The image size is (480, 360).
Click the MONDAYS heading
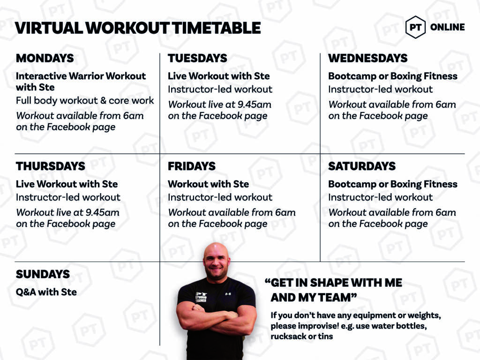pyautogui.click(x=45, y=58)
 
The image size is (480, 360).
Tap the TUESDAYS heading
pyautogui.click(x=197, y=58)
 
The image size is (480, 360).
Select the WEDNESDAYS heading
pyautogui.click(x=367, y=58)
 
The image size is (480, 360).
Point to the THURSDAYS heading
pyautogui.click(x=51, y=166)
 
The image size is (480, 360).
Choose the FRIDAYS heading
pyautogui.click(x=192, y=166)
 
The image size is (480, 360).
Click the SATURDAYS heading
pyautogui.click(x=362, y=166)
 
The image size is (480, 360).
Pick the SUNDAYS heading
pyautogui.click(x=43, y=274)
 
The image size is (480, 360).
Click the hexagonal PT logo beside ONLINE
pyautogui.click(x=415, y=27)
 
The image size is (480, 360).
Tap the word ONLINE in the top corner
pyautogui.click(x=447, y=27)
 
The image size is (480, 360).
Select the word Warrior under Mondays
pyautogui.click(x=86, y=76)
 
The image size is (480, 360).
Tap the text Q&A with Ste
pyautogui.click(x=46, y=292)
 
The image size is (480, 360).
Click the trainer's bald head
pyautogui.click(x=216, y=252)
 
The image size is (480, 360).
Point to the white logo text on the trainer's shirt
pyautogui.click(x=201, y=297)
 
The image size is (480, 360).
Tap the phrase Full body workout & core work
pyautogui.click(x=85, y=101)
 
